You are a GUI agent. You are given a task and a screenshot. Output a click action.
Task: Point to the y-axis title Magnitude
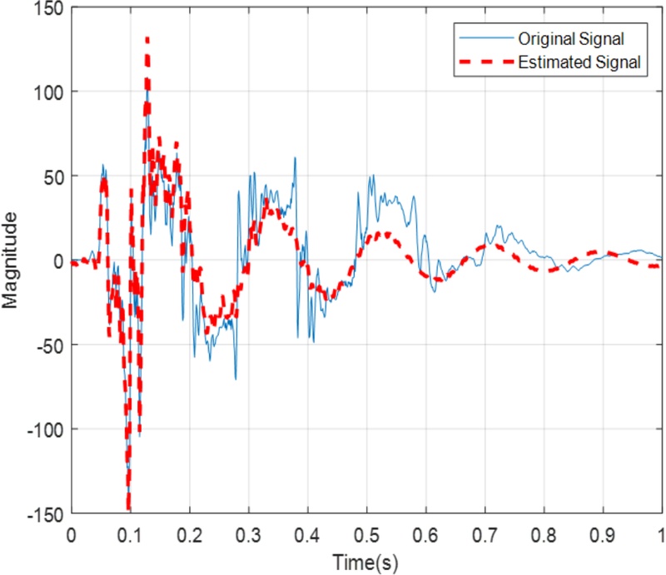coord(11,260)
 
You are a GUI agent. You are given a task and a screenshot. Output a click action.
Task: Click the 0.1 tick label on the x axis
coord(130,533)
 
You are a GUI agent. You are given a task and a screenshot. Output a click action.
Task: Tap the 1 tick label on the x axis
coord(661,533)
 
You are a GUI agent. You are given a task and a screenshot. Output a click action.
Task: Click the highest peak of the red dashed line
coord(147,39)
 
